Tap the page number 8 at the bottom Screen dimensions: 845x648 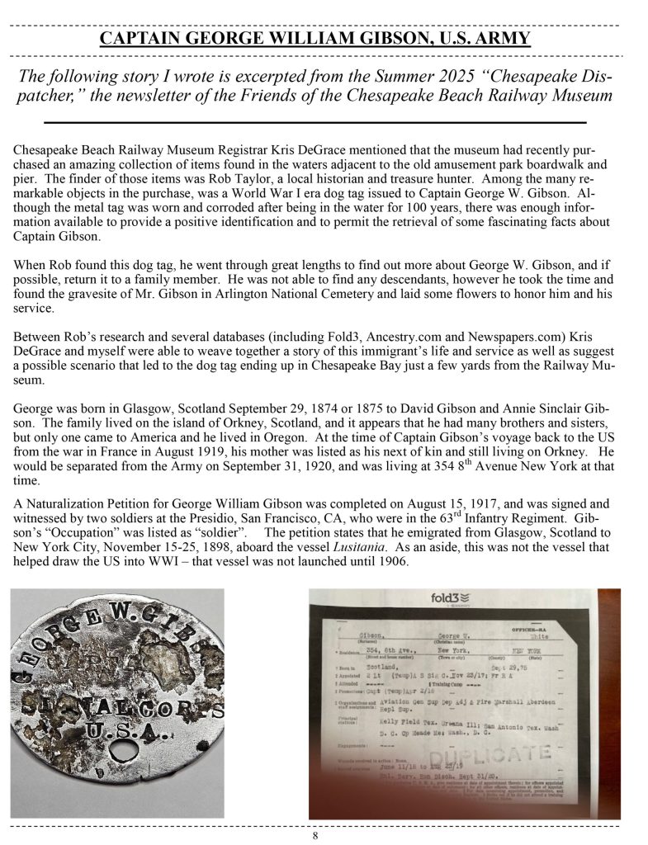[x=315, y=835]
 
